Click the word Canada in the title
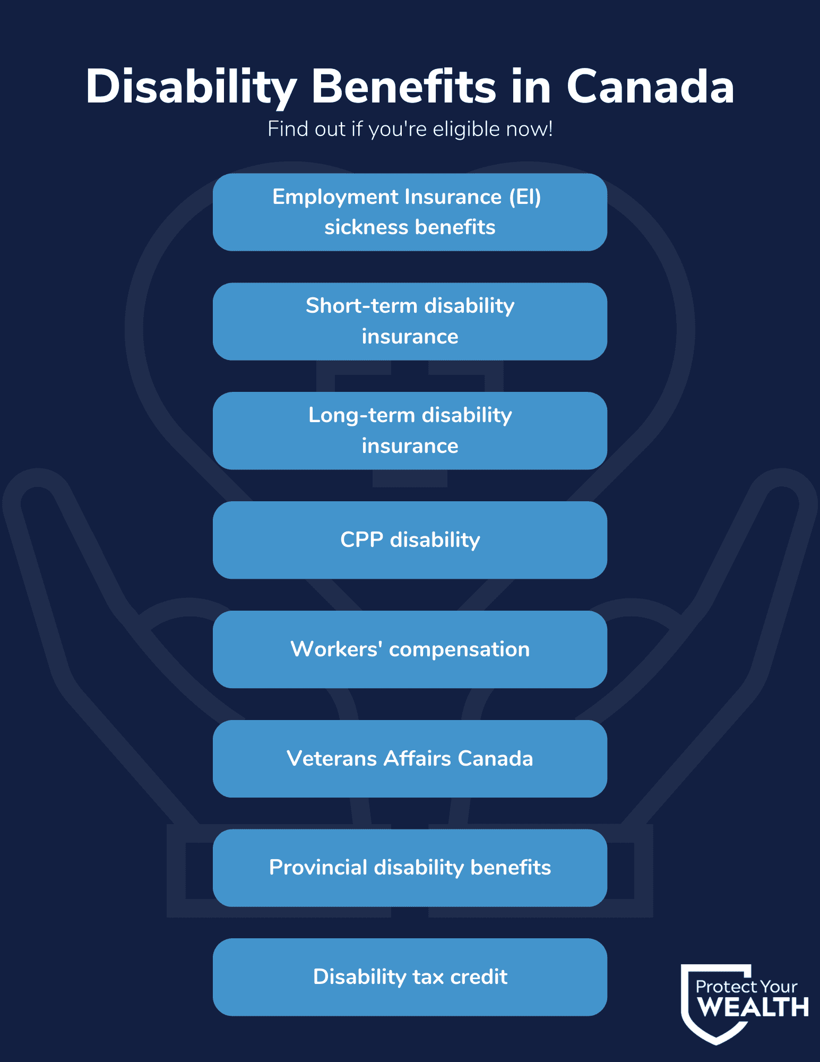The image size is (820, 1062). (x=651, y=87)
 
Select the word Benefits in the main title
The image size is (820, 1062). (x=404, y=86)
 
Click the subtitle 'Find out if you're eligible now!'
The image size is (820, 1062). (x=410, y=129)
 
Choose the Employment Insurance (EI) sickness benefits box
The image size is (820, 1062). (x=410, y=212)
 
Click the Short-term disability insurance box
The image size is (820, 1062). (x=410, y=321)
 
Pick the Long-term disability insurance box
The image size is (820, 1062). (x=410, y=431)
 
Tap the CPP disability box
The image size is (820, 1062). (x=410, y=540)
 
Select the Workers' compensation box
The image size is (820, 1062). (x=410, y=649)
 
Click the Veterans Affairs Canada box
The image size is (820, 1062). (x=410, y=759)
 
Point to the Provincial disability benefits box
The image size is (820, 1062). (x=410, y=868)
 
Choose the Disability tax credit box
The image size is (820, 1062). (x=410, y=977)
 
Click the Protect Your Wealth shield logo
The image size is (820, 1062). (x=745, y=1004)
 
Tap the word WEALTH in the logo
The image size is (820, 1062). (x=753, y=1007)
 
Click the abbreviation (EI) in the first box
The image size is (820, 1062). (x=525, y=198)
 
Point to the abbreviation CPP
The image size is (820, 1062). (x=362, y=539)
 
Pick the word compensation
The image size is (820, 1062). (x=459, y=650)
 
